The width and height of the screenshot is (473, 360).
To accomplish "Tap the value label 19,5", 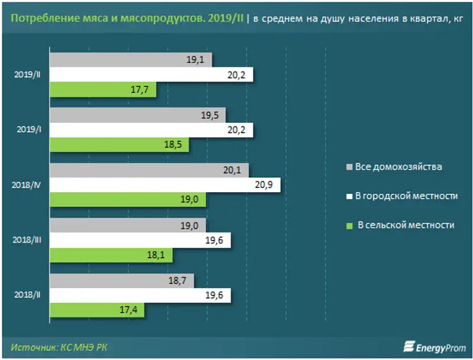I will coord(210,115).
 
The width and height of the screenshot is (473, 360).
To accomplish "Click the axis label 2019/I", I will coord(29,129).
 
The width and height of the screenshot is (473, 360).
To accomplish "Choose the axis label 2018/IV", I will coord(27,185).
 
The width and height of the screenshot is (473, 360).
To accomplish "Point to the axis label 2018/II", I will coord(28,294).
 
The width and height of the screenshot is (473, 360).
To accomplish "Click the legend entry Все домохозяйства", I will coord(398,167).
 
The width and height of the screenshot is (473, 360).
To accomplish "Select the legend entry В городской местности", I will coord(406,196).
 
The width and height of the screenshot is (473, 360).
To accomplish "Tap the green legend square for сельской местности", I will coord(348,225).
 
